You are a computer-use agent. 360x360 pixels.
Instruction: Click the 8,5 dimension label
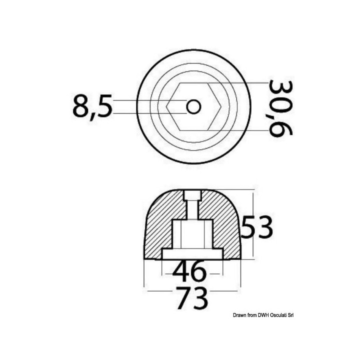click(x=92, y=106)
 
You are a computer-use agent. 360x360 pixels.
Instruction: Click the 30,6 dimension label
click(x=280, y=107)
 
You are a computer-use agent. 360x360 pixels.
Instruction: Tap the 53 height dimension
click(x=256, y=228)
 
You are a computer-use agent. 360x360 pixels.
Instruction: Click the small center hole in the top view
click(x=193, y=106)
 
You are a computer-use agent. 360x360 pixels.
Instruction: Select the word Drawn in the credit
click(x=239, y=314)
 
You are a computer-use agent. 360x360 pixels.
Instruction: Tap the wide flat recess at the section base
click(x=192, y=254)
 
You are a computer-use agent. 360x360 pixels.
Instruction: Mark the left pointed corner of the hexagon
click(x=168, y=106)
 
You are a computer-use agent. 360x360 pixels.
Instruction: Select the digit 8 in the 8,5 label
click(x=81, y=106)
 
